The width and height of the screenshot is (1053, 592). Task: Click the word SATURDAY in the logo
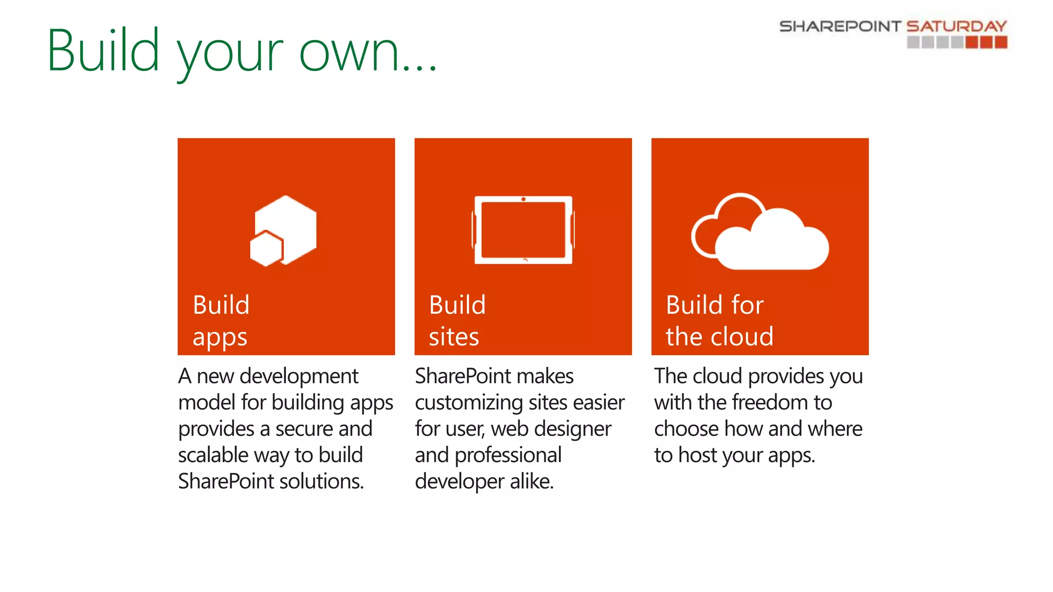[956, 26]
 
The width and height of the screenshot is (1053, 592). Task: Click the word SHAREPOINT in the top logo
[840, 26]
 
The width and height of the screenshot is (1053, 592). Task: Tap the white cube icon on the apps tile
[283, 231]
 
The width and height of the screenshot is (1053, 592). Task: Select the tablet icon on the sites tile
[523, 230]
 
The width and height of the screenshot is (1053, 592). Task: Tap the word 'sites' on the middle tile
[454, 337]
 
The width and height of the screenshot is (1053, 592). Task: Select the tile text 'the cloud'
[719, 337]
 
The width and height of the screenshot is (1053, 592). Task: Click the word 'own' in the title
[350, 51]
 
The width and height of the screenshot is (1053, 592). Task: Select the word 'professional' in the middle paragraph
[508, 455]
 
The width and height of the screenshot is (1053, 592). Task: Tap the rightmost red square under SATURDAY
[1001, 42]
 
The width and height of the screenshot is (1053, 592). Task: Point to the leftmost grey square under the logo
[913, 42]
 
